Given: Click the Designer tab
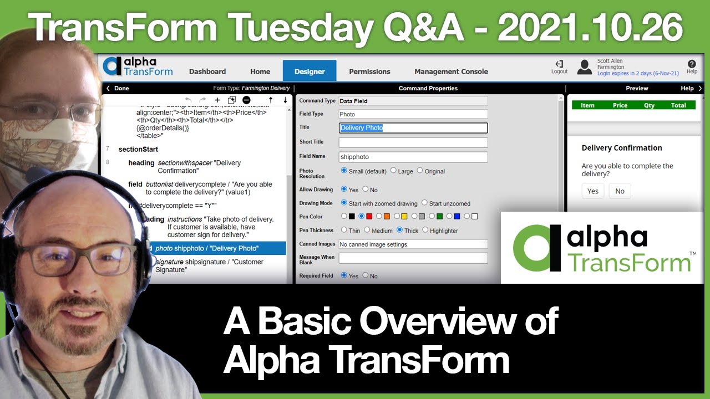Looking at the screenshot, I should click(x=310, y=71).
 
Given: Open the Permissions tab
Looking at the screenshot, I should click(x=369, y=71).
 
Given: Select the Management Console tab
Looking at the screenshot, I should click(x=451, y=71).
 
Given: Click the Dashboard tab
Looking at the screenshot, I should click(x=207, y=71).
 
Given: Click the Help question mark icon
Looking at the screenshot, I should click(x=692, y=64).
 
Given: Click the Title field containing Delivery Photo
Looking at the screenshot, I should click(x=413, y=128).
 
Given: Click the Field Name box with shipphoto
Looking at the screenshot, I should click(x=413, y=157).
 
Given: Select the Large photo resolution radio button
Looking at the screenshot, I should click(x=393, y=171).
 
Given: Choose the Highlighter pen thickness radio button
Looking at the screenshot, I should click(x=425, y=230).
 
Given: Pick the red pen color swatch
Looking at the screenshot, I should click(x=369, y=216).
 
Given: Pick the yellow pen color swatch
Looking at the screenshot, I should click(x=404, y=216).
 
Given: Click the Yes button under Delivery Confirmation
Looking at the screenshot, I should click(x=593, y=191).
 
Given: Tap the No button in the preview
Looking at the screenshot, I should click(x=620, y=191).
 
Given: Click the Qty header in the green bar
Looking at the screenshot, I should click(x=649, y=105).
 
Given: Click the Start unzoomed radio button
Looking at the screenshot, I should click(x=425, y=203).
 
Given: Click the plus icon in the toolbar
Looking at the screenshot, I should click(x=217, y=100).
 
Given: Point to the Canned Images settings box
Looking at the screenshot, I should click(x=413, y=244).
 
